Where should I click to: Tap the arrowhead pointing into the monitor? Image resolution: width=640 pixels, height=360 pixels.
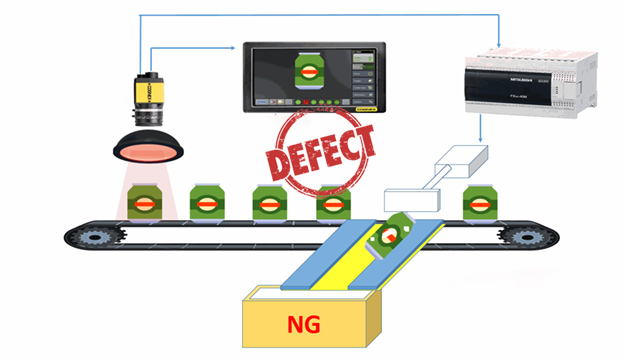(238, 47)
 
